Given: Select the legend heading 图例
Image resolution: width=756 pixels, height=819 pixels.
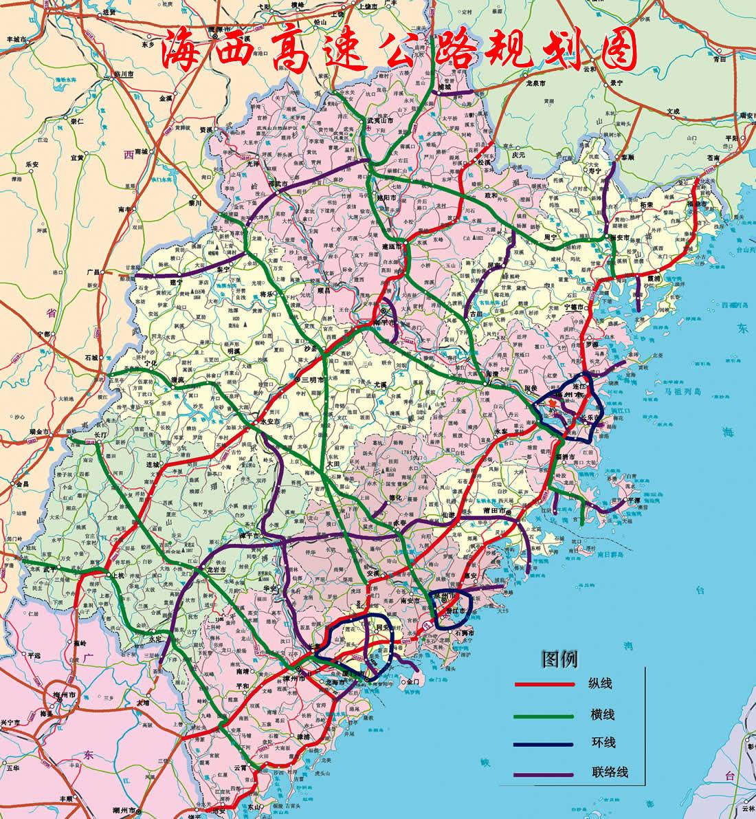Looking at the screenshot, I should (559, 659).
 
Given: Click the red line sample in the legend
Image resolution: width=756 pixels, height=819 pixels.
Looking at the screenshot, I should (545, 685).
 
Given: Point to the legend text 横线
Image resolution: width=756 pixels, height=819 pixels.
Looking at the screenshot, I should (601, 715).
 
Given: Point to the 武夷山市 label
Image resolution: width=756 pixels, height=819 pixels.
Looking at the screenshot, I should (379, 120).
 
